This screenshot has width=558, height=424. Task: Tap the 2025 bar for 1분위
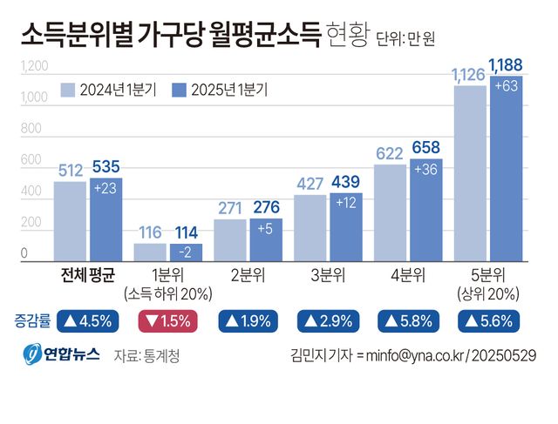[186, 252]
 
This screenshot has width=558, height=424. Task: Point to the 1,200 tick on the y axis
[33, 66]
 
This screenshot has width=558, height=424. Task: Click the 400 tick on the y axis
[31, 191]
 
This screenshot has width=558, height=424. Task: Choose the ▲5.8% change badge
[406, 320]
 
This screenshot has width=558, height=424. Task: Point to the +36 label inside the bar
[426, 170]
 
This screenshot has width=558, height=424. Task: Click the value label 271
[230, 208]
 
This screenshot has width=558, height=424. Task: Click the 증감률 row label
[31, 320]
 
